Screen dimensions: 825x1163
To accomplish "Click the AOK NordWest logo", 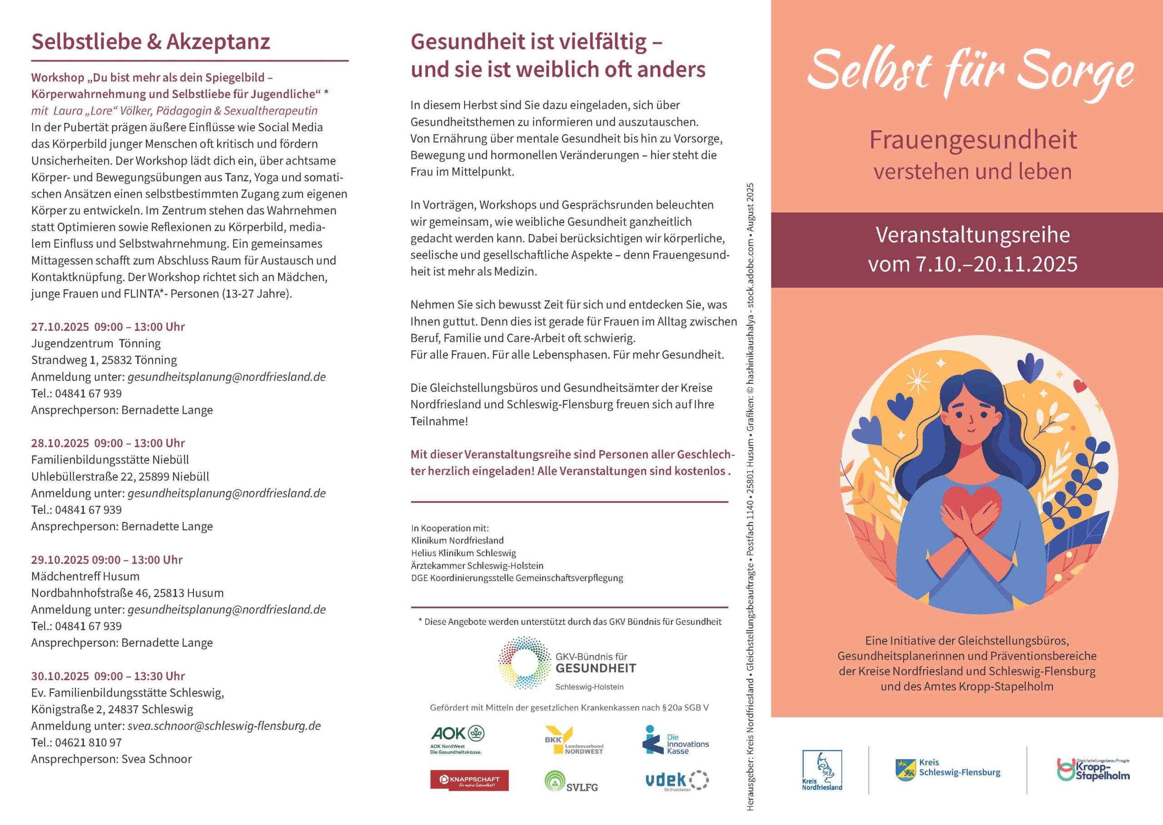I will (457, 739).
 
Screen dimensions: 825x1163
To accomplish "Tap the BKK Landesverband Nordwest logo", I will (573, 740).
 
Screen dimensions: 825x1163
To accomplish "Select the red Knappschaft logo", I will (469, 780).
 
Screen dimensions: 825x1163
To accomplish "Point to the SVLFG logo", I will (571, 782).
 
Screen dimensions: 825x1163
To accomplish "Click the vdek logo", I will (676, 781).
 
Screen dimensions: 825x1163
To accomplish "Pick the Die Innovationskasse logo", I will (676, 740).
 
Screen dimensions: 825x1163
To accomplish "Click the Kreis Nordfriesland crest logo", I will (822, 770).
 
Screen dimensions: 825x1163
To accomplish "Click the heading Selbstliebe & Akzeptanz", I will (150, 42).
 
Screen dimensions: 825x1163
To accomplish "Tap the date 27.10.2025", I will (60, 327).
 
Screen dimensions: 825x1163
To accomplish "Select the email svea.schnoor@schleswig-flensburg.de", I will (224, 726).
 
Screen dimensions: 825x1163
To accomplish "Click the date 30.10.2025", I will (60, 676).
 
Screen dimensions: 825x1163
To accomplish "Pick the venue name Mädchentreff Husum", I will (85, 576).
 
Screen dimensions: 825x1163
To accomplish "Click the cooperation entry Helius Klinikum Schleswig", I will (463, 553).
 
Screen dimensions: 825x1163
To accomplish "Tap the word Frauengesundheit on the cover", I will (973, 140).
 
